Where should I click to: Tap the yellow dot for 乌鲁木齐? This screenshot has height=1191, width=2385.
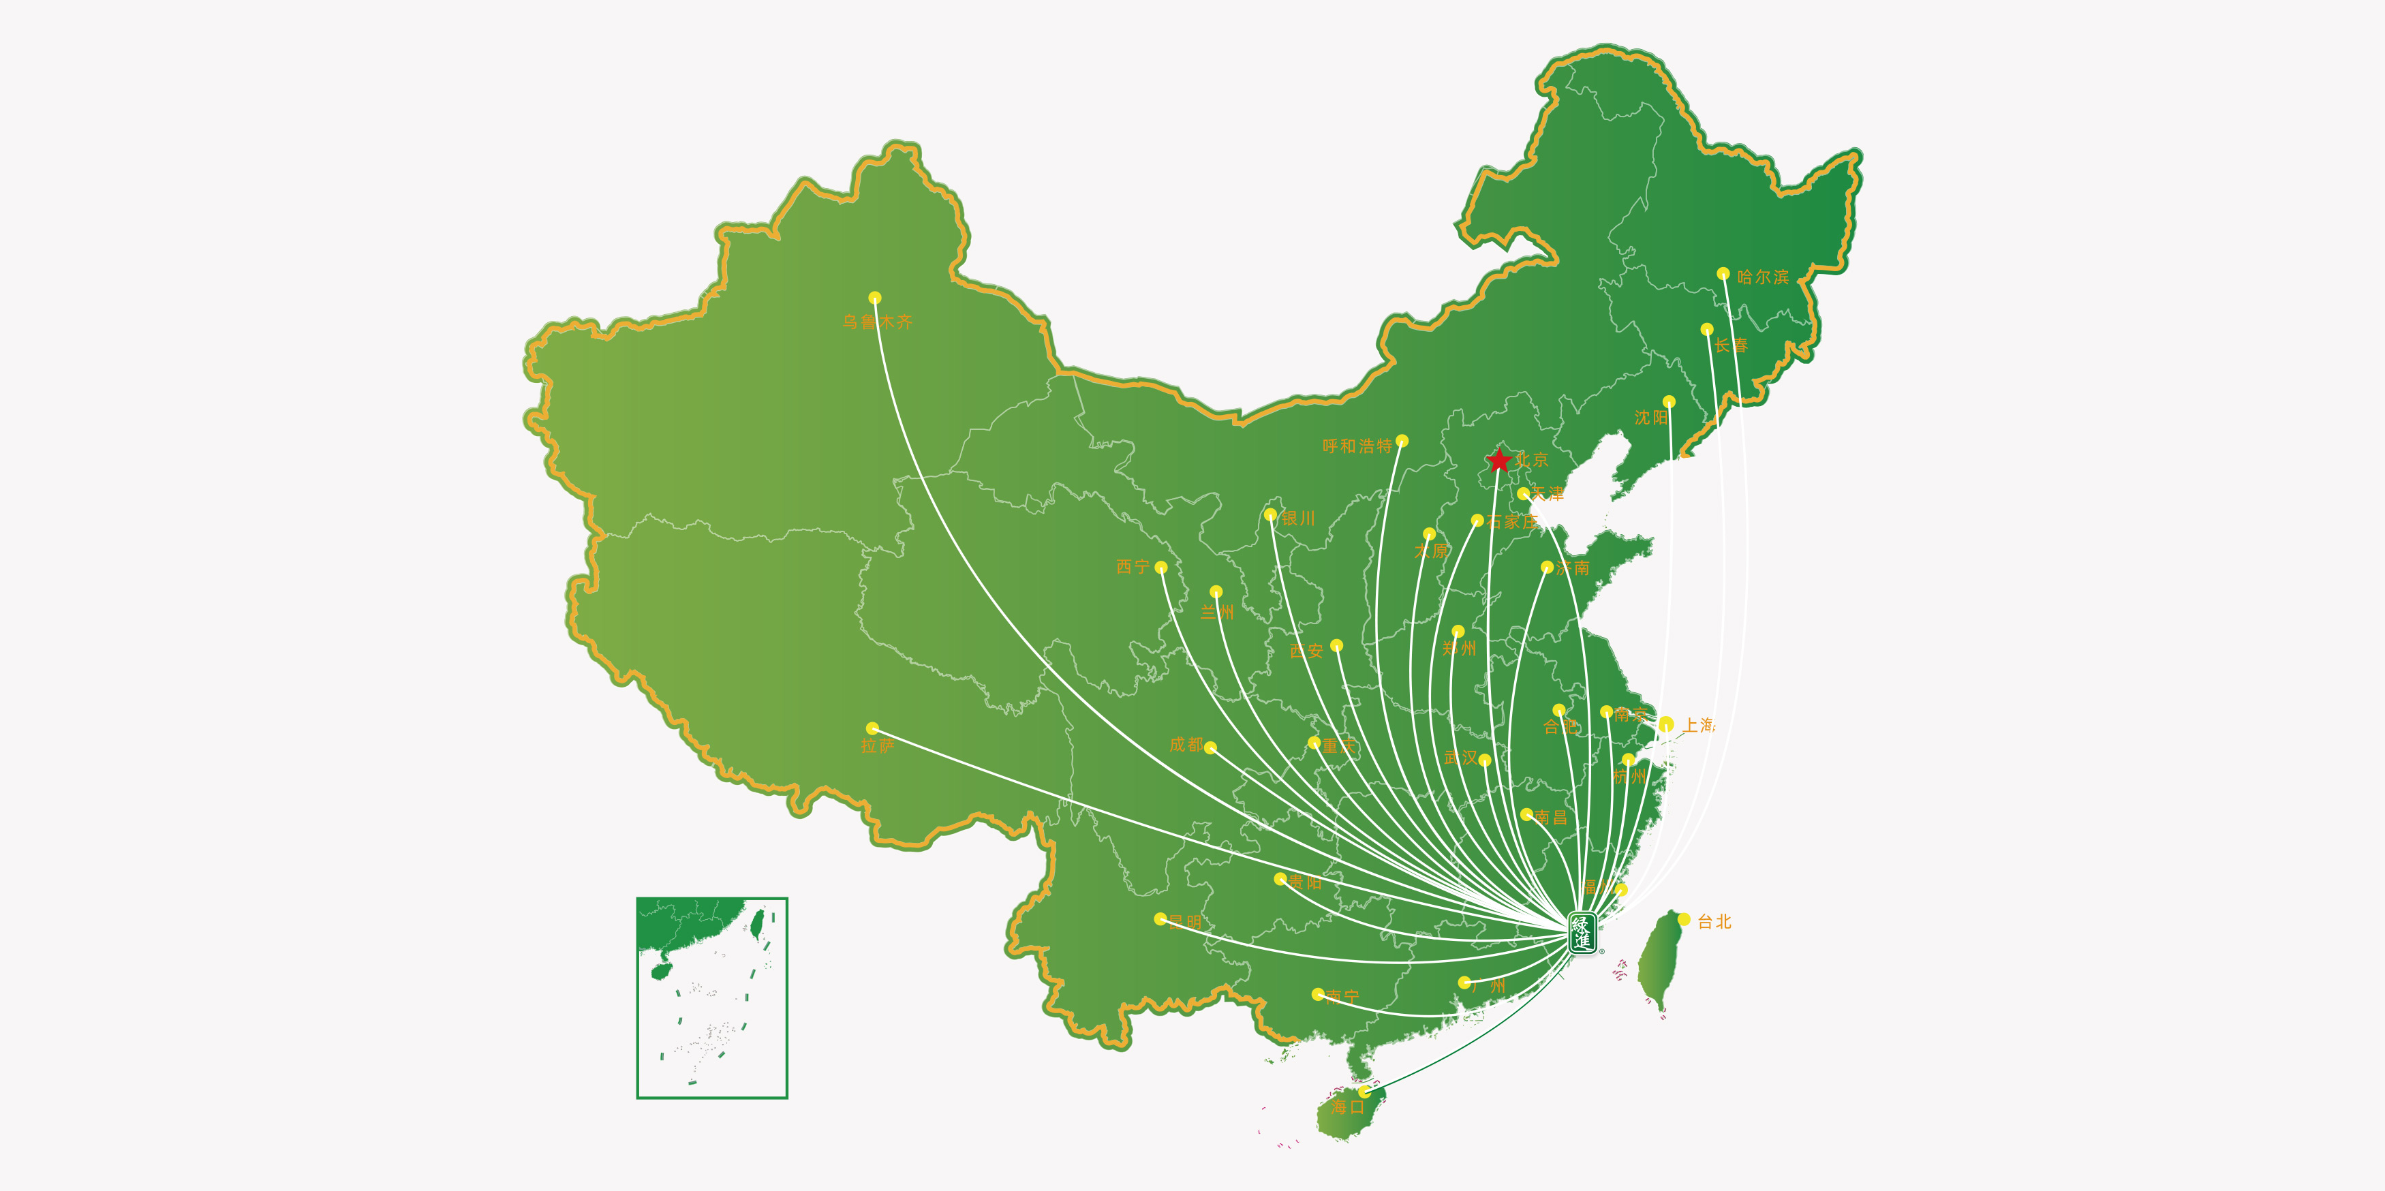click(875, 298)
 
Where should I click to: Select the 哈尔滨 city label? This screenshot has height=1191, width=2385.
click(1763, 277)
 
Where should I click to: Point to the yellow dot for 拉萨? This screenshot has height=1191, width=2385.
click(872, 728)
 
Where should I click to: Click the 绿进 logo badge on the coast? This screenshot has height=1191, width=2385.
click(1582, 933)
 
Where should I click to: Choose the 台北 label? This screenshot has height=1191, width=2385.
click(1714, 922)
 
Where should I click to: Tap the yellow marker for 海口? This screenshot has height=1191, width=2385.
click(1365, 1092)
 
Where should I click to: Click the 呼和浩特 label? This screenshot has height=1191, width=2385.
click(1356, 446)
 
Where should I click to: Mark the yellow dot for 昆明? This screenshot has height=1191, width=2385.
click(1160, 919)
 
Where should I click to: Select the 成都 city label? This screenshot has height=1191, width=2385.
click(1186, 744)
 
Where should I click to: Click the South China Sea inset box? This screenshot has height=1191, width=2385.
click(712, 997)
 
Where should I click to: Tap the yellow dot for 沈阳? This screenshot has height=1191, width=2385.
click(1668, 401)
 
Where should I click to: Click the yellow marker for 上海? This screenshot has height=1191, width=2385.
click(1665, 724)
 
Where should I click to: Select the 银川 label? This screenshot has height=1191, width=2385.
click(1298, 519)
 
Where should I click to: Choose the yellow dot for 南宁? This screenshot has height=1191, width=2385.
click(1317, 994)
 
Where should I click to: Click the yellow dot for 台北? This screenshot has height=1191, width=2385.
click(1684, 919)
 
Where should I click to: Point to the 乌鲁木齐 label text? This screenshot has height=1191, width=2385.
click(877, 322)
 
